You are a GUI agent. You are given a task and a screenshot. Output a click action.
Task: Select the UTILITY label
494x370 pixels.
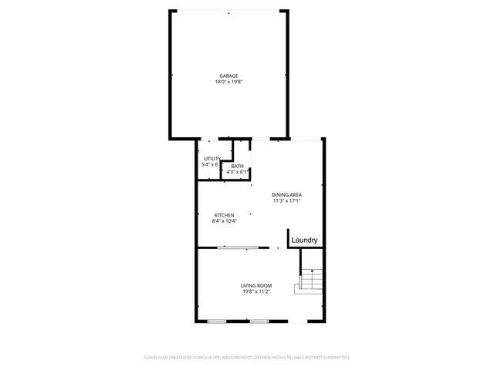[212, 159]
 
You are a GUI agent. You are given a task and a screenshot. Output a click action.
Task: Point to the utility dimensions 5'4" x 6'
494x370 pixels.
[211, 164]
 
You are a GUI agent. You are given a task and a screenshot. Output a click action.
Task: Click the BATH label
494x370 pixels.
[237, 166]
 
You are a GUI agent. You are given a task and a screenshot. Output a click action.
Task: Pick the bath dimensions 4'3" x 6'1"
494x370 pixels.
[237, 172]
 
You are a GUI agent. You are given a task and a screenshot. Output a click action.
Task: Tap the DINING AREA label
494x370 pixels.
[286, 194]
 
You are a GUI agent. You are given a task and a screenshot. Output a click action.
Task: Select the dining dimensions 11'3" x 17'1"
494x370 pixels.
[286, 200]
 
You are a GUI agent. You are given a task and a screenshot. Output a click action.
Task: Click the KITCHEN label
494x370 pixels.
[224, 215]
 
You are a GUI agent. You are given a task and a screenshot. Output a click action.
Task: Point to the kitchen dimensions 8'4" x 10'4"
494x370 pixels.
[224, 221]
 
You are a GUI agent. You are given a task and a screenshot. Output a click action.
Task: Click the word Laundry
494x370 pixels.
[305, 240]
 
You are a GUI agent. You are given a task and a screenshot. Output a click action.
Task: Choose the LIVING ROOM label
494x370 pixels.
[255, 285]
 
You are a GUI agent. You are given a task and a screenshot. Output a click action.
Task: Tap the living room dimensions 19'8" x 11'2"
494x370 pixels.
[255, 291]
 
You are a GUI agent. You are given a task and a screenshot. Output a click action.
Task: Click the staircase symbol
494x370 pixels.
[309, 281]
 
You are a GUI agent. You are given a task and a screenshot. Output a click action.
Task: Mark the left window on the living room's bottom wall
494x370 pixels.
[217, 320]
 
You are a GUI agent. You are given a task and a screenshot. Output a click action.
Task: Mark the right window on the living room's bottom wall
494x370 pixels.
[259, 320]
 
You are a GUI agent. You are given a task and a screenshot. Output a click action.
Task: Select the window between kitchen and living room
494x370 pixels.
[237, 247]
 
